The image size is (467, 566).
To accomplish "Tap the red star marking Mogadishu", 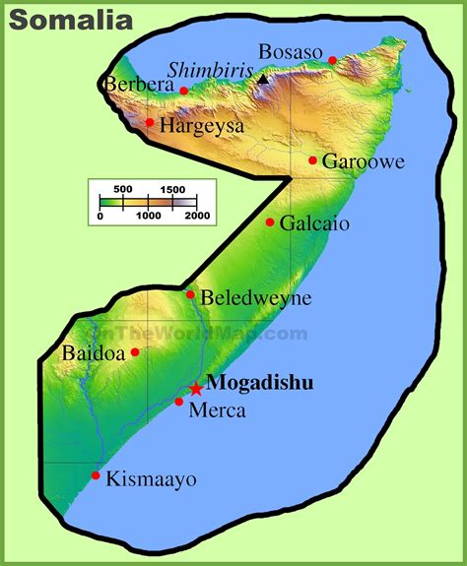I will click(x=196, y=389).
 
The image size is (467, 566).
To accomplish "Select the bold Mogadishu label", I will click(x=261, y=384).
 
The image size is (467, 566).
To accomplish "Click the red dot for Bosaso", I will click(x=333, y=60).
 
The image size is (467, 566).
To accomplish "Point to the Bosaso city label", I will click(x=291, y=51).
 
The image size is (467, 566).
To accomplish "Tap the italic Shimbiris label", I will click(x=210, y=71).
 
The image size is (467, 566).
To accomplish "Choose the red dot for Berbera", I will click(x=183, y=91).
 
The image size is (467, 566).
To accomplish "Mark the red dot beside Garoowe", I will click(x=312, y=160).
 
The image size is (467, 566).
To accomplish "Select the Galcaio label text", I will click(x=314, y=223).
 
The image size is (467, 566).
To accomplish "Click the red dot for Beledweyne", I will click(x=190, y=294).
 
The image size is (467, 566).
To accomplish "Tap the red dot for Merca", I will click(x=178, y=402).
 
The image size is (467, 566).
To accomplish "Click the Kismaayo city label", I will click(x=153, y=480).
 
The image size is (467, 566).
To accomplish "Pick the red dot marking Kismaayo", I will click(x=96, y=475).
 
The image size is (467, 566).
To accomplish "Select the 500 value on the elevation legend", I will click(x=123, y=189).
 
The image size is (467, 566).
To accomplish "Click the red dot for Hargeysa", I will click(x=150, y=123).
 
